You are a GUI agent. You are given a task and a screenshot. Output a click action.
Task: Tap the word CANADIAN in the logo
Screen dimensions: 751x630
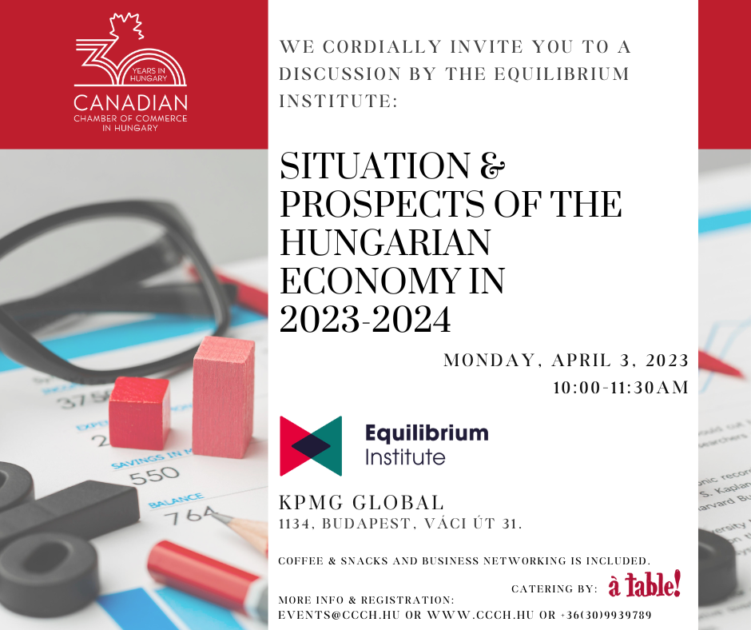[130, 103]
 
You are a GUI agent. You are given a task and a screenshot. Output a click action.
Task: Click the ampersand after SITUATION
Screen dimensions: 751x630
[492, 165]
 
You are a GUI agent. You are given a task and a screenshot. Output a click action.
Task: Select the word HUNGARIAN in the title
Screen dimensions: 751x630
[385, 242]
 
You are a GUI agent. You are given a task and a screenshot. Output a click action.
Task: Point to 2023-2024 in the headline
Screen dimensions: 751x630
[365, 319]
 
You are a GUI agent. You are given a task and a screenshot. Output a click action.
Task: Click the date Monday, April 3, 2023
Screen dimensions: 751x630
[566, 361]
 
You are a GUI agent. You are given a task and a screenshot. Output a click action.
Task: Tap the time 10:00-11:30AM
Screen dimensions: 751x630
[621, 388]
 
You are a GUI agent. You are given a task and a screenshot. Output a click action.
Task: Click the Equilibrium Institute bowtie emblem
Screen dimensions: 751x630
[311, 446]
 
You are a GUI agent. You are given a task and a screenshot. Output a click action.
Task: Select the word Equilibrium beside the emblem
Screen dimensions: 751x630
[427, 433]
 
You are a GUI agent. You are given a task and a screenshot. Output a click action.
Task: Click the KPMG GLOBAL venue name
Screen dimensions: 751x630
[362, 503]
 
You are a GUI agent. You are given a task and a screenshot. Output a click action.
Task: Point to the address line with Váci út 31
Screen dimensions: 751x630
[400, 524]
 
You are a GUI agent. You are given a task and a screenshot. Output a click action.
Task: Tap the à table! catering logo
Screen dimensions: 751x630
[644, 584]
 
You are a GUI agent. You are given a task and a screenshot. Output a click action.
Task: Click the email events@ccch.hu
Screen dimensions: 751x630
[340, 615]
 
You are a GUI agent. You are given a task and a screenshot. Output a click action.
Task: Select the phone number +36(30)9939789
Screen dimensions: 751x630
[606, 615]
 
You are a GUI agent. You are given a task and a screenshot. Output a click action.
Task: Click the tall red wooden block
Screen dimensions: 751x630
[223, 397]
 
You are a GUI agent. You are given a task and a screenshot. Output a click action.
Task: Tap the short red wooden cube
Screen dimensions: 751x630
[139, 413]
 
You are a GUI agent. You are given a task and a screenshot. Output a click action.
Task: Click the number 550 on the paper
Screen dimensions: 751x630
[154, 476]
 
